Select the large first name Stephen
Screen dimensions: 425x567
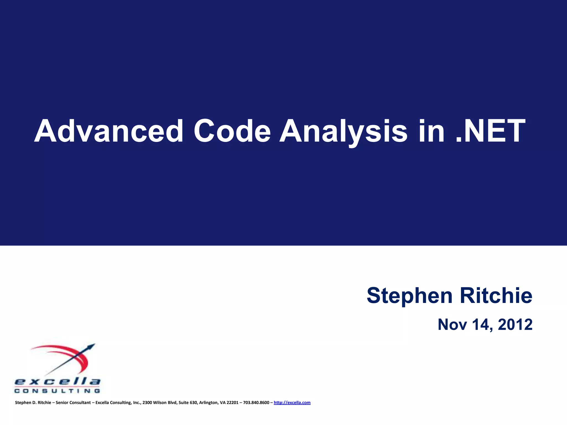pyautogui.click(x=409, y=296)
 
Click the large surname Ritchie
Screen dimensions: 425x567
pyautogui.click(x=496, y=296)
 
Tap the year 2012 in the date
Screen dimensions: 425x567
pyautogui.click(x=515, y=324)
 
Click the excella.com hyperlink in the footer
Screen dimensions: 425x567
pyautogui.click(x=292, y=403)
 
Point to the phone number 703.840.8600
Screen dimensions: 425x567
pyautogui.click(x=256, y=403)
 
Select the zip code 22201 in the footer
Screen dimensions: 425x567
pyautogui.click(x=232, y=403)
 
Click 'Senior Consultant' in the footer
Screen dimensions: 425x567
pyautogui.click(x=73, y=403)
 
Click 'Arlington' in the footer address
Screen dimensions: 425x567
pyautogui.click(x=208, y=403)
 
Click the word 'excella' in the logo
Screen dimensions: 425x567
pyautogui.click(x=57, y=382)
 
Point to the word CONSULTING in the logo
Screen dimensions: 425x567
pyautogui.click(x=57, y=391)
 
